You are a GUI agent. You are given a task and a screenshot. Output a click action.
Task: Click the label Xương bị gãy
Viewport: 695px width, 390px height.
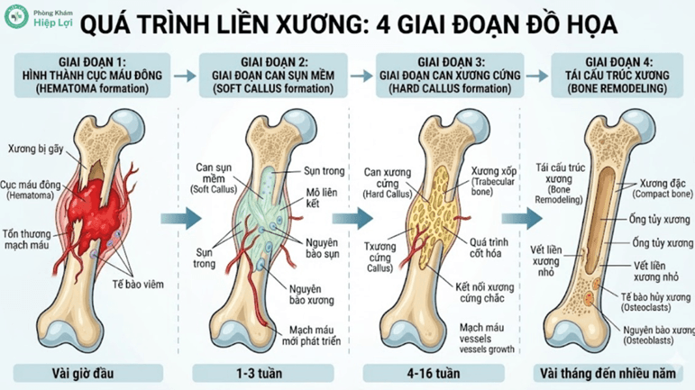click(33, 147)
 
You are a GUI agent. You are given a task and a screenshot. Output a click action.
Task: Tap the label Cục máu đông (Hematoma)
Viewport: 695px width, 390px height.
click(32, 189)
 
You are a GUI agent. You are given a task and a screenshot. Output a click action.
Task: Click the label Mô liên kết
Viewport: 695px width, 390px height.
click(309, 196)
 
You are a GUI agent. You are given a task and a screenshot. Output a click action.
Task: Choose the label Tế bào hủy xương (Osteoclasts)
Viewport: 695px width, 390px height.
click(654, 301)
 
